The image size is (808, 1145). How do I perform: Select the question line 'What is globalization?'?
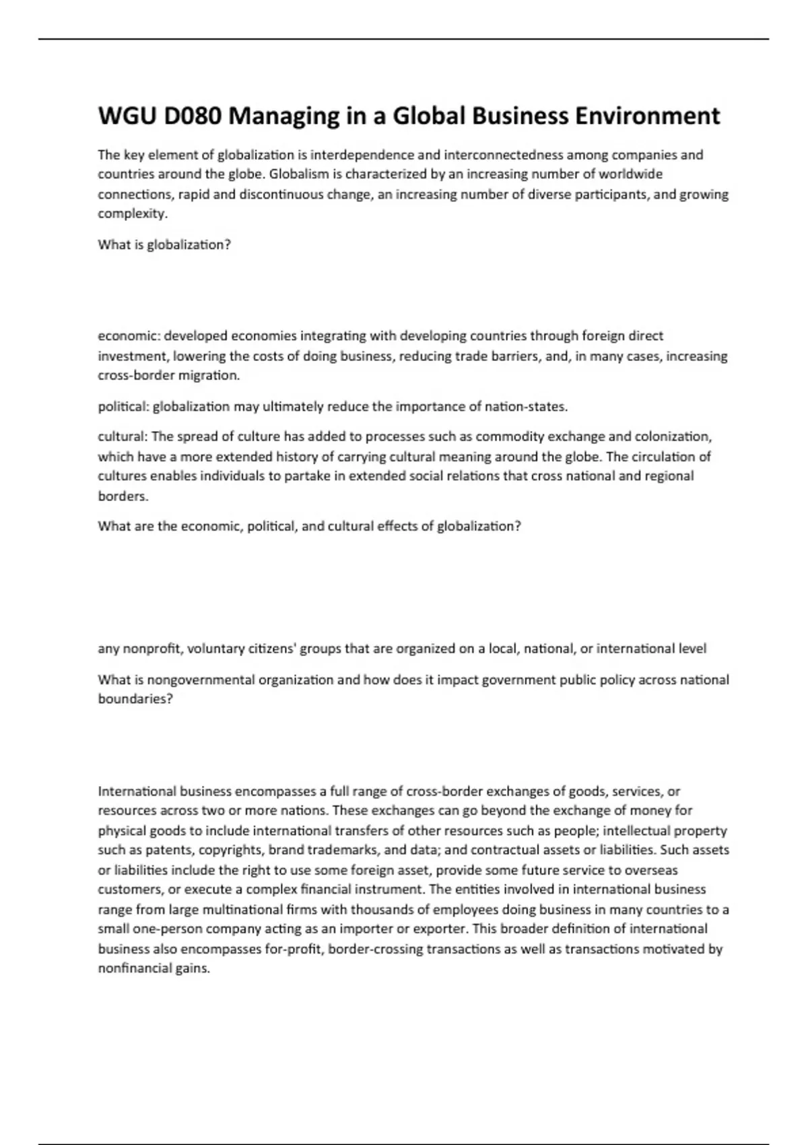click(164, 245)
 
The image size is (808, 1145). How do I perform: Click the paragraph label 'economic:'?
click(129, 336)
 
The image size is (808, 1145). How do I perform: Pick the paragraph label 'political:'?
click(124, 407)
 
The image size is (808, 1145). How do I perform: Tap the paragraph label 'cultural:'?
click(123, 437)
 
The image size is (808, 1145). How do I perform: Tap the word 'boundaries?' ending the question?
click(135, 699)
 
